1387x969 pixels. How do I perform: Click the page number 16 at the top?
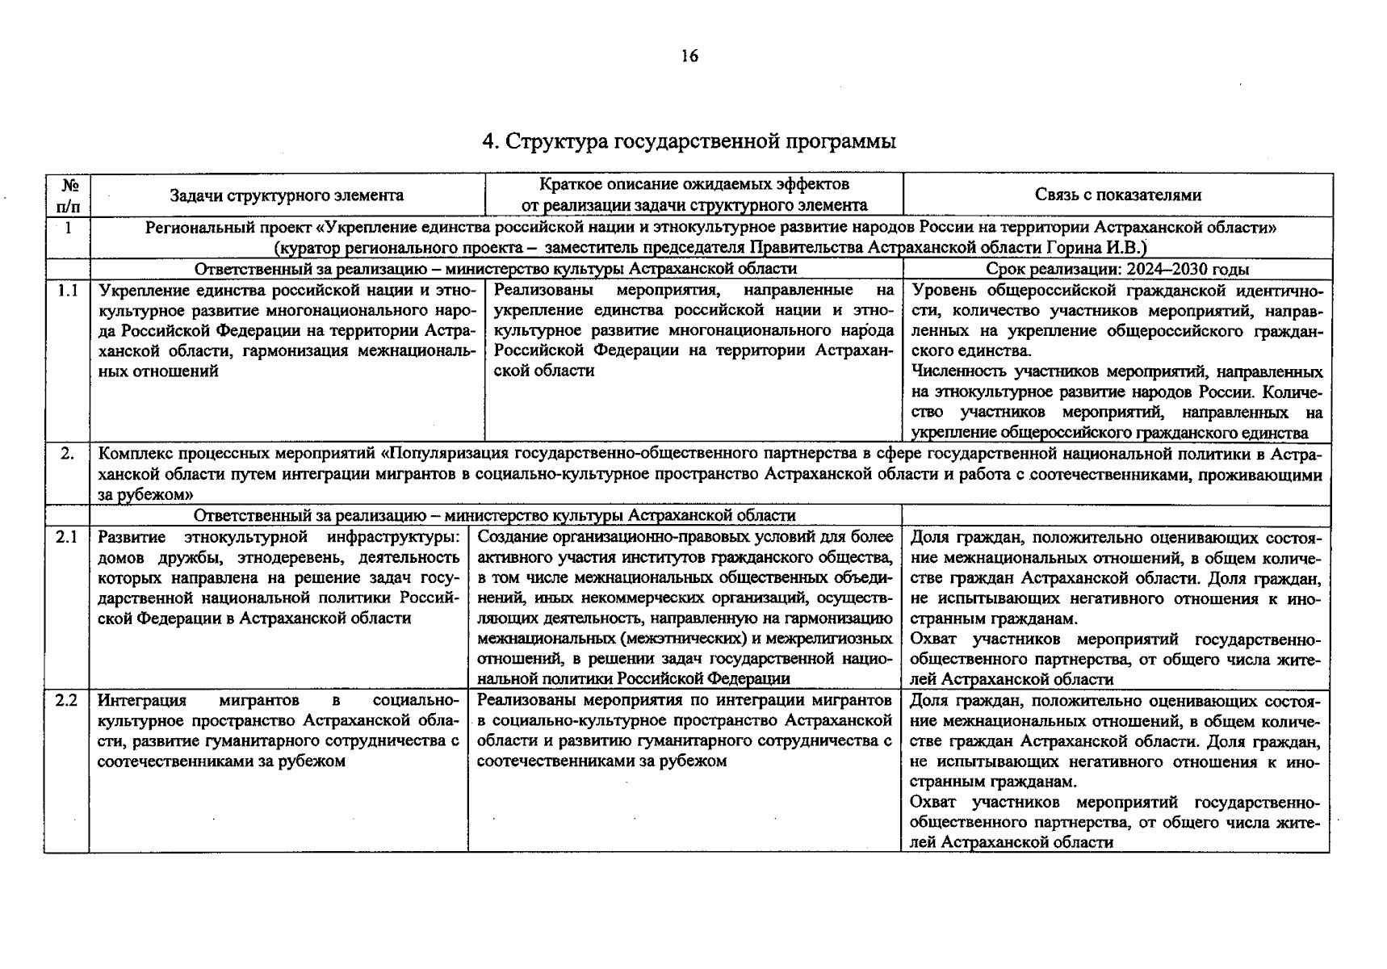click(689, 56)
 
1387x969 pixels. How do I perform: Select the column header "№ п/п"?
click(67, 195)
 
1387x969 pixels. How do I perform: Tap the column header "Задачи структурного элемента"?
click(287, 195)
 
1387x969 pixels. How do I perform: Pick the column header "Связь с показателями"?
click(1117, 195)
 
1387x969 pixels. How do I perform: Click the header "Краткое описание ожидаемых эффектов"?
click(693, 185)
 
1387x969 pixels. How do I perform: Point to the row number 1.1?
click(67, 290)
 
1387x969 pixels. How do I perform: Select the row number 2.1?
click(67, 537)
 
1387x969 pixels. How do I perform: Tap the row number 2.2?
click(67, 700)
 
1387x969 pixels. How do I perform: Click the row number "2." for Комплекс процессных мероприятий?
click(67, 455)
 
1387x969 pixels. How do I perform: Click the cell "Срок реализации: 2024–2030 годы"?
click(1117, 269)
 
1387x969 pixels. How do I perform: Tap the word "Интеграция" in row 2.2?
click(142, 700)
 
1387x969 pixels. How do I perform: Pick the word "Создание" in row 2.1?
click(509, 537)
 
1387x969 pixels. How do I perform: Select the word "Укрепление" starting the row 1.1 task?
click(140, 290)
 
